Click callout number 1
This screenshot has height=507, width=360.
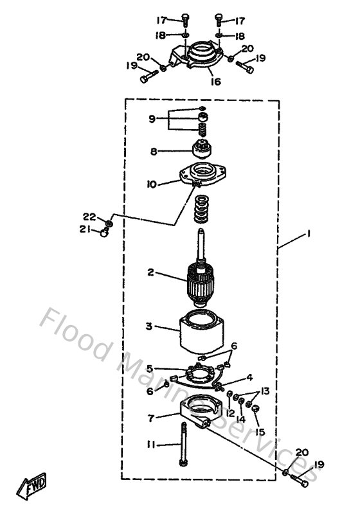(x=309, y=236)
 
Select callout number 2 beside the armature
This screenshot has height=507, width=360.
(x=150, y=272)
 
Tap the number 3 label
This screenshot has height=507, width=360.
(x=149, y=326)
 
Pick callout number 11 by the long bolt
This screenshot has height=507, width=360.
(x=150, y=444)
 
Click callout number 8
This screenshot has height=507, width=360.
(x=154, y=152)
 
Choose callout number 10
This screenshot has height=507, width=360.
(x=152, y=184)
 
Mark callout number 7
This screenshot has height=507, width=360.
(x=151, y=418)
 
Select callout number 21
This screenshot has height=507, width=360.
(x=84, y=229)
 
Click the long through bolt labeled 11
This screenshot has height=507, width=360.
(x=184, y=443)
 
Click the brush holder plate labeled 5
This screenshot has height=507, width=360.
(x=199, y=375)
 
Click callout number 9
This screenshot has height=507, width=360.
(x=152, y=118)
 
